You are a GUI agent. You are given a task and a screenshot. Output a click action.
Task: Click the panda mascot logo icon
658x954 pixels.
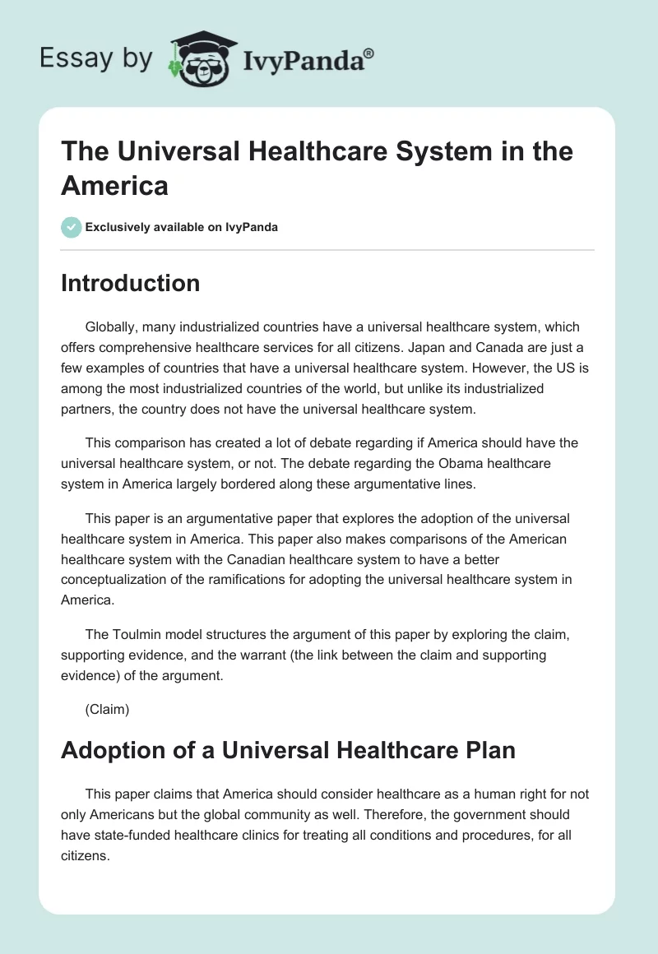tap(197, 59)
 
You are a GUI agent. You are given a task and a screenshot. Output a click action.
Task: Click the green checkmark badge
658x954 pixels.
tap(72, 227)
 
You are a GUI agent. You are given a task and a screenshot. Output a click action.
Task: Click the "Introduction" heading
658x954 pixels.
tap(130, 283)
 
